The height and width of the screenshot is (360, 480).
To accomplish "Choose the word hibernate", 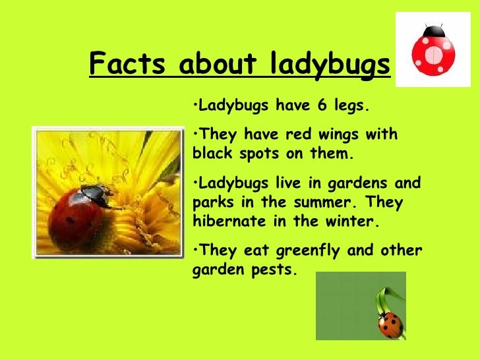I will (225, 222).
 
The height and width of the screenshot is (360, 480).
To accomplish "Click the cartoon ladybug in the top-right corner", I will (433, 49).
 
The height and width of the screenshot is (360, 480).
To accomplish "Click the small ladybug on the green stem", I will (390, 323).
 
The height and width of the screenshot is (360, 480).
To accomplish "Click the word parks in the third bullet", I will (211, 202).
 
